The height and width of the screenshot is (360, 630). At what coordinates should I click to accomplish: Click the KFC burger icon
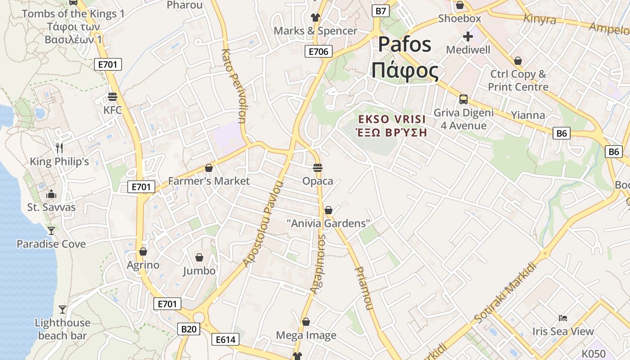click(112, 97)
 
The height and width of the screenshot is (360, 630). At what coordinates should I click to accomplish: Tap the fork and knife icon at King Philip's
click(59, 148)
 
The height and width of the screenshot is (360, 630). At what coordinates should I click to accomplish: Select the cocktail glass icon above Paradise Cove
click(51, 230)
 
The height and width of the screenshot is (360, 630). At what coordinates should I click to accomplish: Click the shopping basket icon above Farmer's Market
click(208, 168)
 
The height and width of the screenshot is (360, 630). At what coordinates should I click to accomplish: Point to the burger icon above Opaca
click(318, 168)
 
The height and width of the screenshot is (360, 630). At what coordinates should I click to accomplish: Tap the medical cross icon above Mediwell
click(468, 36)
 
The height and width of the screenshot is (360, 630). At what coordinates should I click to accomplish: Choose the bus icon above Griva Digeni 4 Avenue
click(463, 99)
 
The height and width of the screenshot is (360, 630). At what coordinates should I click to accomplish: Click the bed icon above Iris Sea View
click(563, 318)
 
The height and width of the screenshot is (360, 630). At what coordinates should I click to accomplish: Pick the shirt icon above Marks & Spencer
click(315, 18)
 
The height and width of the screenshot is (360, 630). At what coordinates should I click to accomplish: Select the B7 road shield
click(381, 11)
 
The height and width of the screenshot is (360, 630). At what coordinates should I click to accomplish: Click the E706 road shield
click(318, 51)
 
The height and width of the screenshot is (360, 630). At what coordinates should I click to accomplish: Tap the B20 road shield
click(189, 329)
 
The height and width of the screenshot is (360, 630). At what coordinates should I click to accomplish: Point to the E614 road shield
click(225, 339)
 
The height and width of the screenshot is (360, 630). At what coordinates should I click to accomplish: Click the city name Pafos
click(405, 44)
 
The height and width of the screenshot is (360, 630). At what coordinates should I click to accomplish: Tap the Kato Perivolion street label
click(234, 85)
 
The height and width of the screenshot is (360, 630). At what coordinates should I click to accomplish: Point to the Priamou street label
click(364, 288)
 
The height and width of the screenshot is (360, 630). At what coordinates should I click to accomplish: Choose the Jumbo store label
click(199, 271)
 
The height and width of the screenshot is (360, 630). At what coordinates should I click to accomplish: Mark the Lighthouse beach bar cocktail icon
click(63, 310)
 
